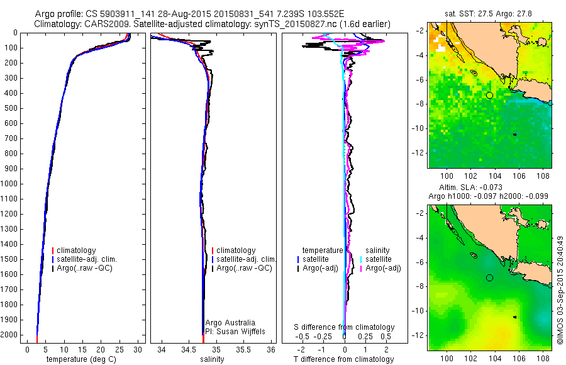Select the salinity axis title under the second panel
[x=211, y=359]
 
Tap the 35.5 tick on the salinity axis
[x=244, y=349]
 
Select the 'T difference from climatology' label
[x=343, y=359]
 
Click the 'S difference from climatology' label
[x=345, y=327]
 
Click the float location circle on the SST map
[x=489, y=95]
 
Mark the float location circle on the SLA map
[x=489, y=278]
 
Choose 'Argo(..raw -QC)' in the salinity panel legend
[x=244, y=268]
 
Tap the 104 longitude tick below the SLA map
[x=495, y=358]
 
